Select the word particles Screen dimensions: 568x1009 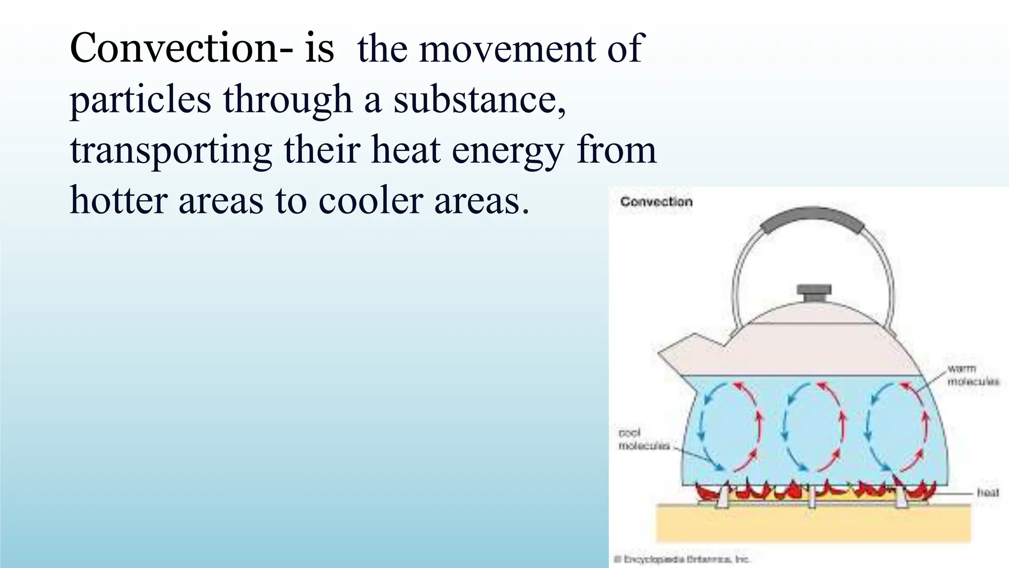pos(140,100)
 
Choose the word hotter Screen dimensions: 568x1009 pos(118,201)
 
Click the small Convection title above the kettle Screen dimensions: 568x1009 pos(656,202)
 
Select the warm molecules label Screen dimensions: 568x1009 pos(973,375)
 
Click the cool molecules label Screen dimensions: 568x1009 pos(643,439)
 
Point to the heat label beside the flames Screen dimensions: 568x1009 pos(988,492)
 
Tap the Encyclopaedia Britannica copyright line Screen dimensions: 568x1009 pos(682,559)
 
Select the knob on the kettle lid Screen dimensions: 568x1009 pos(814,292)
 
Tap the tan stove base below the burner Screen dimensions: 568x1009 pos(813,525)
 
